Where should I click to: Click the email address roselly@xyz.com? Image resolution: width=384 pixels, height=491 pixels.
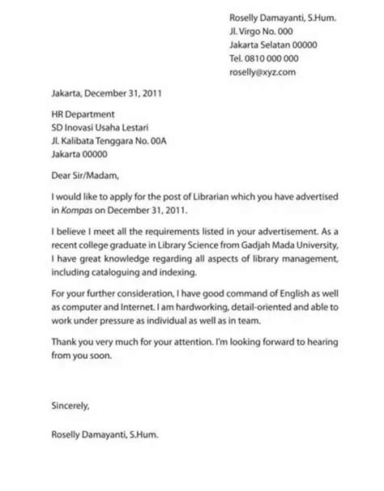(x=263, y=72)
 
